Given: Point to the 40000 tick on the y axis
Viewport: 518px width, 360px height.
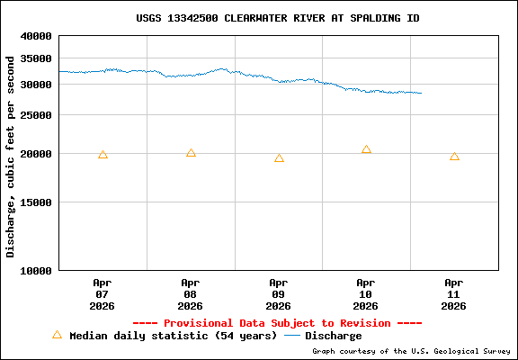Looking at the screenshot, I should click(37, 37).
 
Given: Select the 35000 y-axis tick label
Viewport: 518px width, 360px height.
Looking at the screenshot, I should click(37, 58).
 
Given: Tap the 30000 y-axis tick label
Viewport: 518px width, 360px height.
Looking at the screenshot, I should click(37, 85).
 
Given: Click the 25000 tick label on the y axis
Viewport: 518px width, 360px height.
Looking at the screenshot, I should click(37, 115).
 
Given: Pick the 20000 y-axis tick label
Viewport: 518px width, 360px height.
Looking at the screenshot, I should click(37, 154).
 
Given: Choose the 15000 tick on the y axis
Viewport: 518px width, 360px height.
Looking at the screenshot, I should click(37, 202).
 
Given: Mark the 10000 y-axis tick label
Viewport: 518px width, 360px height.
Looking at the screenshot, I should click(37, 270).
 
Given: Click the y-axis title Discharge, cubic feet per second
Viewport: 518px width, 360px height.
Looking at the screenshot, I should click(11, 156).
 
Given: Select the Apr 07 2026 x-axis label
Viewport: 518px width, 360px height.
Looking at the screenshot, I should click(103, 294).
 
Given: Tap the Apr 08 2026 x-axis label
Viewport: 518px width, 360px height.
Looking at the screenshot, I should click(191, 294).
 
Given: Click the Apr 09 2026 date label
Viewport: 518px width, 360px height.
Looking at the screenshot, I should click(279, 294).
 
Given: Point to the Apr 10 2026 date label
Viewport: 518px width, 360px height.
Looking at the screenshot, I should click(366, 294).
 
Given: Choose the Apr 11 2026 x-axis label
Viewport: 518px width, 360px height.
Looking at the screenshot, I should click(454, 294).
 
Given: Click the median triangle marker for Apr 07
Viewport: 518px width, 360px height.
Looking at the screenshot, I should click(103, 155).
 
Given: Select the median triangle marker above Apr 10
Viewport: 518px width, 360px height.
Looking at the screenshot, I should click(366, 149).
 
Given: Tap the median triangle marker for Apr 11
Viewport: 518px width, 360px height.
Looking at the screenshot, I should click(454, 157).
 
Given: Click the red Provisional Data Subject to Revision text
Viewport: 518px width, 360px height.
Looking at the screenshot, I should click(277, 323).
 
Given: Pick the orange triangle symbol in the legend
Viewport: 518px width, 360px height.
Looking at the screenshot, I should click(57, 335).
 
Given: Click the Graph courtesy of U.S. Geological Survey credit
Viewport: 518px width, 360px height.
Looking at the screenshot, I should click(413, 352).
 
